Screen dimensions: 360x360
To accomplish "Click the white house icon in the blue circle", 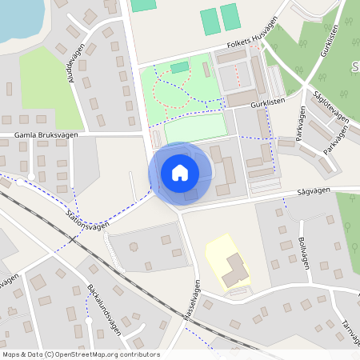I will (180, 172).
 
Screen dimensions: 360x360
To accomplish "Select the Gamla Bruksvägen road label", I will (45, 135).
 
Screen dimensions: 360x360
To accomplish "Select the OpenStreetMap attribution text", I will (80, 354).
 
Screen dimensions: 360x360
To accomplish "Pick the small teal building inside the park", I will (179, 67).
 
